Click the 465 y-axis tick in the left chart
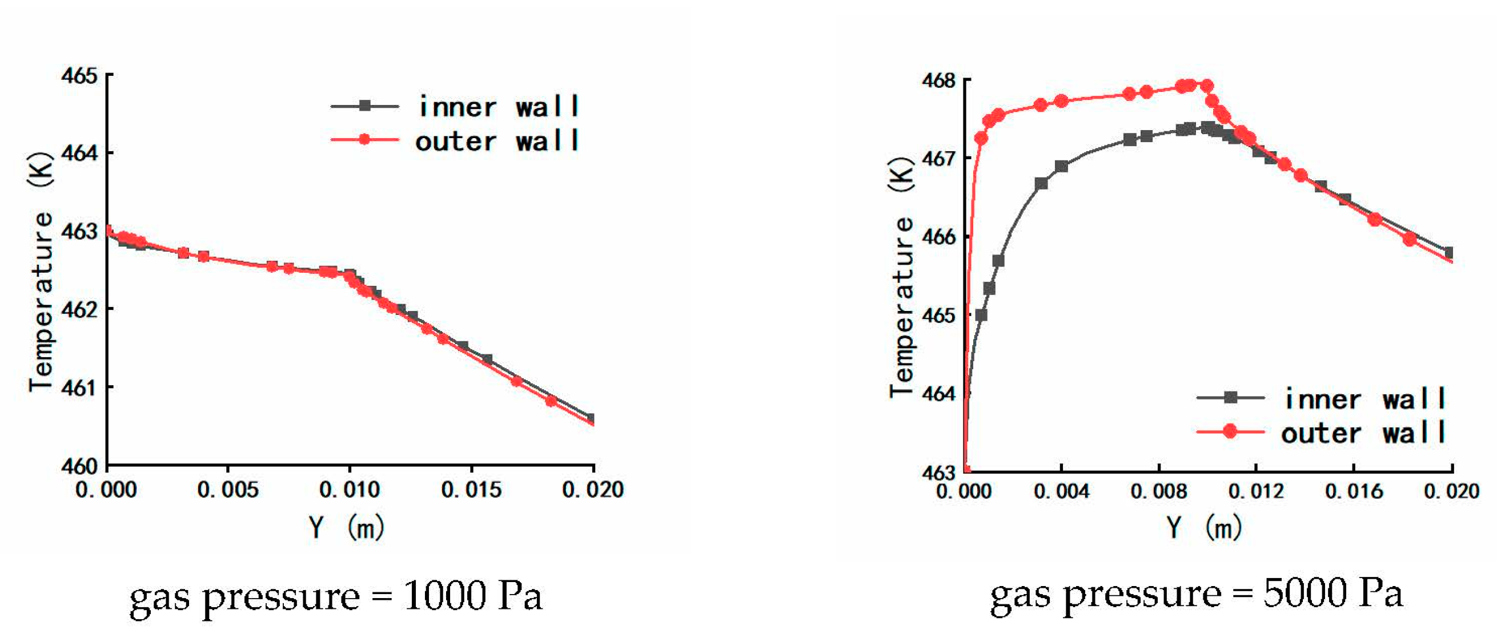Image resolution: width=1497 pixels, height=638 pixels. [79, 76]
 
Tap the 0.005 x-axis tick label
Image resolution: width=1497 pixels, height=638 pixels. [228, 490]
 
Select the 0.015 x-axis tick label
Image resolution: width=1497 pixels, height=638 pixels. [471, 490]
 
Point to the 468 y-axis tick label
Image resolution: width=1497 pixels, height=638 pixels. [938, 80]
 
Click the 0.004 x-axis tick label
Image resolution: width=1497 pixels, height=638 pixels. [1061, 492]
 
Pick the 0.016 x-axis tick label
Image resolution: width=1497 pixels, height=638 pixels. [1354, 492]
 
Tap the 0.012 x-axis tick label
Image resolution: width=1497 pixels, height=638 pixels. [1256, 492]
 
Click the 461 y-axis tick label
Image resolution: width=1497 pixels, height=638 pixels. [79, 387]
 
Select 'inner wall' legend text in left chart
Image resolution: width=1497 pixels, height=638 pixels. [498, 107]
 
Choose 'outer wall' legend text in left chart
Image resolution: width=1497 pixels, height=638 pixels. [497, 141]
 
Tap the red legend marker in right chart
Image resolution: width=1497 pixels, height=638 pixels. [1230, 431]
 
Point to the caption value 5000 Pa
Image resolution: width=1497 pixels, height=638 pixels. [1333, 593]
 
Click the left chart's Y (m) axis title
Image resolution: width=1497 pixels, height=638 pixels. [346, 528]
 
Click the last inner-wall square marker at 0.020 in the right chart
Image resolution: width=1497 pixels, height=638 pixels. [1450, 253]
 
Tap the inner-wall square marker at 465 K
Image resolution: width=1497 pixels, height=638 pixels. [981, 315]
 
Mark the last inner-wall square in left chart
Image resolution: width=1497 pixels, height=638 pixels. [591, 418]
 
